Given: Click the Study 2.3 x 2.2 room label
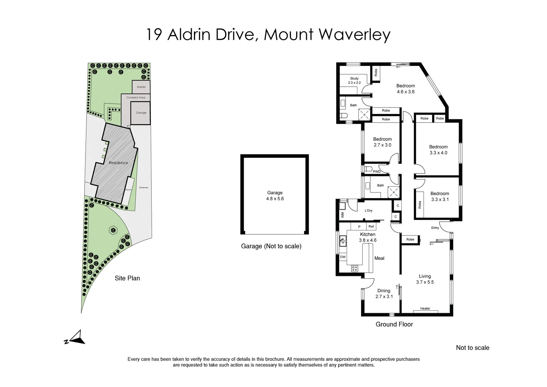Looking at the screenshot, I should click(354, 81).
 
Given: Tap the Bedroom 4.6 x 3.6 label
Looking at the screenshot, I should click(405, 89).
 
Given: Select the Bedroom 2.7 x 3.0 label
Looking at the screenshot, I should click(382, 142).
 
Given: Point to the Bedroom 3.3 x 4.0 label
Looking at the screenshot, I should click(438, 150).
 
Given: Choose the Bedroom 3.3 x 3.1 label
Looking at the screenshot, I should click(439, 196).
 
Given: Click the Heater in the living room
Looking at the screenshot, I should click(425, 309).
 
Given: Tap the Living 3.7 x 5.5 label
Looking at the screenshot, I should click(425, 279).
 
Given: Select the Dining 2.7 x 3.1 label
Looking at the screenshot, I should click(384, 293).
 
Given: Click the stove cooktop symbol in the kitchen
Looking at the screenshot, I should click(355, 268).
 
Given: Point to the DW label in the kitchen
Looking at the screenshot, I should click(343, 257).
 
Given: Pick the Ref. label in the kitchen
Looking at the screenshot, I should click(371, 226).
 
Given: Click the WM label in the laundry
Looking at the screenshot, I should click(342, 215).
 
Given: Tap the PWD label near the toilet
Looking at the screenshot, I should click(377, 172).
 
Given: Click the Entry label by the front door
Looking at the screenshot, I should click(435, 228).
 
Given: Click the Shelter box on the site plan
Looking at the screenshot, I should click(141, 87).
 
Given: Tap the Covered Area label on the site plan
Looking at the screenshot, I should click(136, 97).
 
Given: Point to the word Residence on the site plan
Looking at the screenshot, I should click(118, 163).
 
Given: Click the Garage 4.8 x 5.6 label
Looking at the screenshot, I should click(275, 196).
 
